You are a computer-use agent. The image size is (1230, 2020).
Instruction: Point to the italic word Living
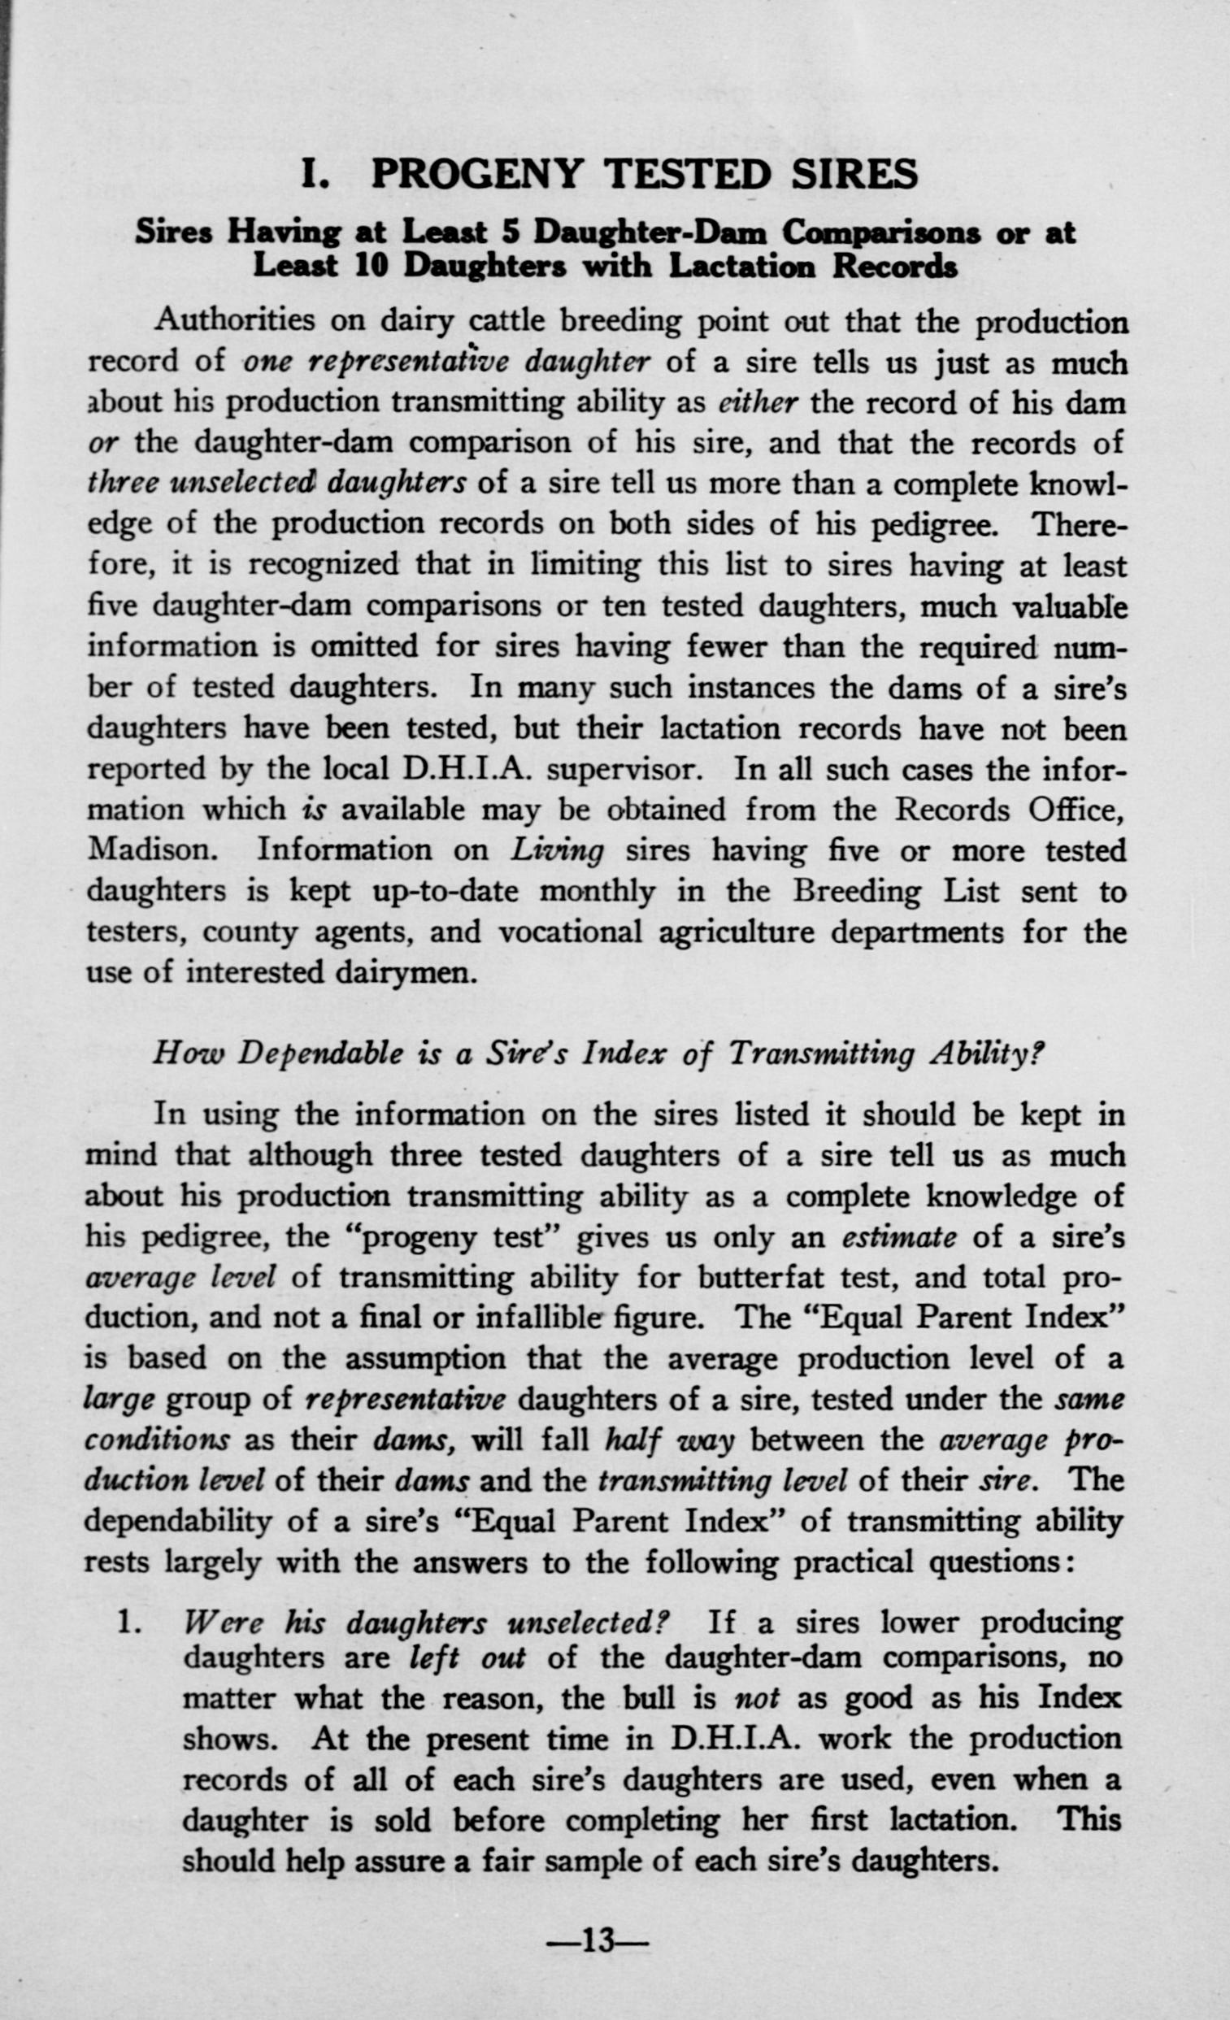click(x=557, y=851)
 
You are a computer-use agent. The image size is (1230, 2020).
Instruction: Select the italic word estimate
click(x=898, y=1237)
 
